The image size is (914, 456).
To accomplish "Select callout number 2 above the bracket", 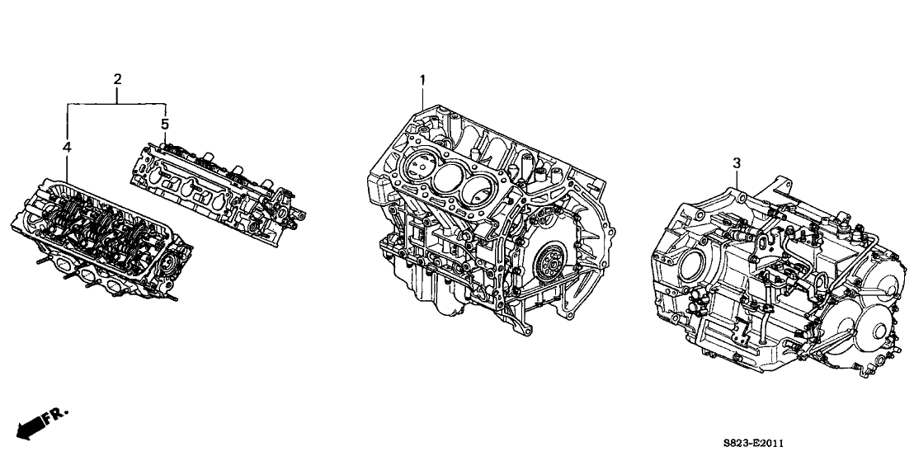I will pyautogui.click(x=117, y=79).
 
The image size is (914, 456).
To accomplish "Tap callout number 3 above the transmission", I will pyautogui.click(x=736, y=164).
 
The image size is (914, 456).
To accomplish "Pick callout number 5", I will pyautogui.click(x=165, y=123).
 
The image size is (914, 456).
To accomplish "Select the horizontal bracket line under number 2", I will pyautogui.click(x=117, y=104).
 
